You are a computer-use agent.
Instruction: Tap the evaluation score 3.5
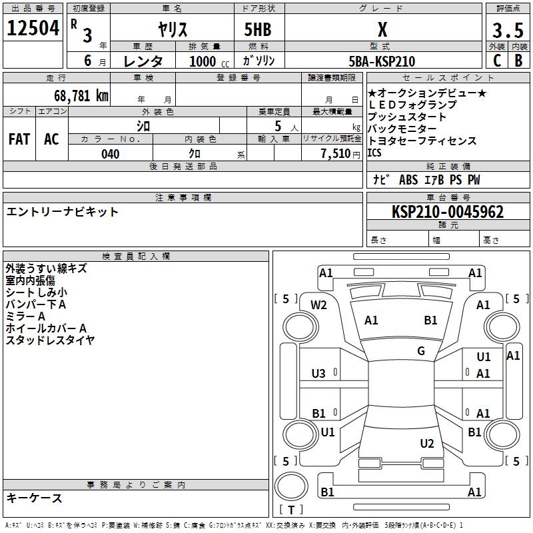(x=507, y=31)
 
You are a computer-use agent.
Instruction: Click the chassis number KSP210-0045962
(x=448, y=213)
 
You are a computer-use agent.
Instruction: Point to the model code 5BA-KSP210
(x=382, y=61)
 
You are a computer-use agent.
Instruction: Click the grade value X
(x=382, y=30)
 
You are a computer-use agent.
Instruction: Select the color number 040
(x=111, y=154)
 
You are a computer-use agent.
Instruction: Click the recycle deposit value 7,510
(x=335, y=154)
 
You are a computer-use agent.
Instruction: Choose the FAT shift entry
(x=19, y=139)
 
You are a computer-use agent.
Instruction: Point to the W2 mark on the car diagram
(x=319, y=305)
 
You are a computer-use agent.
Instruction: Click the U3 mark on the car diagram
(x=319, y=374)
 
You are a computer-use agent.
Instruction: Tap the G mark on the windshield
(x=421, y=351)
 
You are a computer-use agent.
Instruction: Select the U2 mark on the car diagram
(x=427, y=444)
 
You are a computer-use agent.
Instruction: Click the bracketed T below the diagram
(x=291, y=510)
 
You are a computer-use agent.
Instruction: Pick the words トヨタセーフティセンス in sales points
(x=422, y=141)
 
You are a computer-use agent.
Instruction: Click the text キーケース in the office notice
(x=34, y=498)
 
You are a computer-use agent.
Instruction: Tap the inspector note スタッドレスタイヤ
(x=50, y=340)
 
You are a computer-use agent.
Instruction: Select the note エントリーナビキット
(x=62, y=212)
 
